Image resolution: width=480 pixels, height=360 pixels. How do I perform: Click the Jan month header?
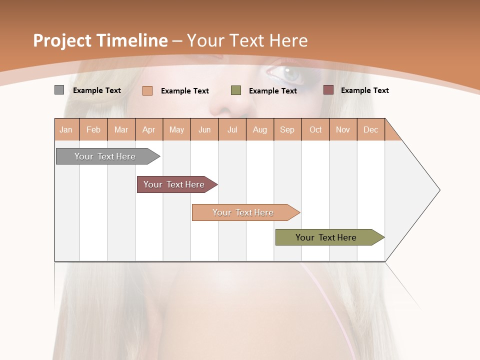(66, 129)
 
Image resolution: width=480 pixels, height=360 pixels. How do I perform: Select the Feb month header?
(93, 129)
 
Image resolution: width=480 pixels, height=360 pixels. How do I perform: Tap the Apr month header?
(149, 129)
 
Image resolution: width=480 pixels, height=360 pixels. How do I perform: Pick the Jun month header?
(204, 129)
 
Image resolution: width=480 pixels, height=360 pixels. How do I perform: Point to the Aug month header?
(260, 129)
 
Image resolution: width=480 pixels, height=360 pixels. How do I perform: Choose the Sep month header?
(287, 129)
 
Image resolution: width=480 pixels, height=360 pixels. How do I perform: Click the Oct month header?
(315, 129)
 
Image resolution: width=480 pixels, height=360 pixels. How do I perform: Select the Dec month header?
(371, 129)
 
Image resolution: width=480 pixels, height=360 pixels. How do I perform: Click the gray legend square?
(59, 90)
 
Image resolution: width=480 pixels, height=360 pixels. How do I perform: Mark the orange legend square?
(147, 90)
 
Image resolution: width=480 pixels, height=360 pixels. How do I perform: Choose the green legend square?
(236, 90)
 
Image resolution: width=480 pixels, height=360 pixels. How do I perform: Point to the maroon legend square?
(328, 90)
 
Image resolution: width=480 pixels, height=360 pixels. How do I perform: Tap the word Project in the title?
(62, 40)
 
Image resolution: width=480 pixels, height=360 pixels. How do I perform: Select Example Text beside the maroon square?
(364, 90)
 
